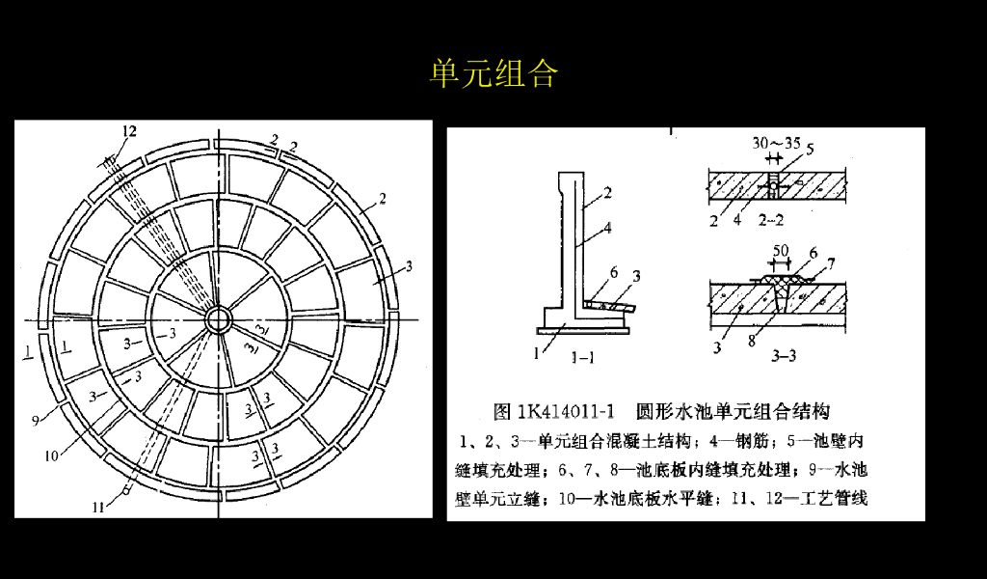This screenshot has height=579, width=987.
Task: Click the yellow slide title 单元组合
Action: click(493, 73)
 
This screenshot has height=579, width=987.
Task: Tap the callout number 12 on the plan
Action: click(129, 131)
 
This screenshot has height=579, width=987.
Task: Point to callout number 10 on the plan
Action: click(50, 456)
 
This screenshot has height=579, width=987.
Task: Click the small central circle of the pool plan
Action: click(215, 318)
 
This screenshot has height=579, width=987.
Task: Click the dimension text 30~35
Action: click(776, 144)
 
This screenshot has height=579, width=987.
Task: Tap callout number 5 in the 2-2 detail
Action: click(810, 149)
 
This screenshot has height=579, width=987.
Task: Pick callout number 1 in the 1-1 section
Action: click(537, 353)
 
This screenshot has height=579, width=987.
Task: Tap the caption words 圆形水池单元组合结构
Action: click(733, 412)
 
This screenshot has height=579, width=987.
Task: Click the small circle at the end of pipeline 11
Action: click(124, 489)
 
